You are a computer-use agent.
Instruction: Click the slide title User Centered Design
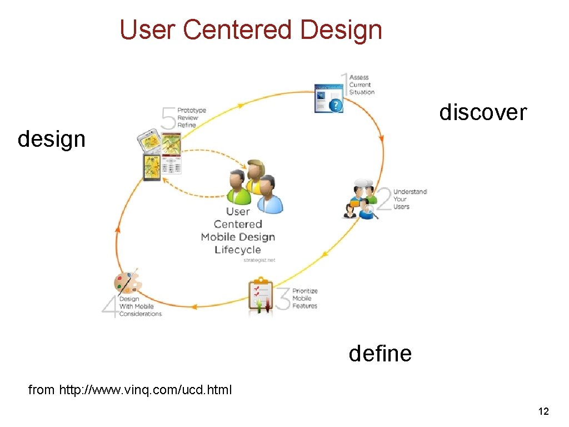click(x=251, y=29)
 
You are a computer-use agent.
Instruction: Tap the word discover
click(x=482, y=112)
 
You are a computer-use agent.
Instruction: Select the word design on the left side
click(x=52, y=139)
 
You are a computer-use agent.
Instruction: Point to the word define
click(x=380, y=353)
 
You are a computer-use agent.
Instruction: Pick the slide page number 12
click(x=543, y=411)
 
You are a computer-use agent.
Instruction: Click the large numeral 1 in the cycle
click(x=344, y=83)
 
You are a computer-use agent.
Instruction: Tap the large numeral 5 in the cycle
click(x=168, y=118)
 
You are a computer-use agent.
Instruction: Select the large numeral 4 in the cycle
click(x=110, y=306)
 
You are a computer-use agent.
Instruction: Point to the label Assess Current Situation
click(x=362, y=85)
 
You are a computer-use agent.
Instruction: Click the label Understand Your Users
click(x=410, y=199)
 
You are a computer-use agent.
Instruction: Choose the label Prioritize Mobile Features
click(x=305, y=299)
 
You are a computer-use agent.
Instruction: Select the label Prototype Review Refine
click(x=191, y=118)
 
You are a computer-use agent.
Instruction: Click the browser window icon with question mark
click(x=328, y=98)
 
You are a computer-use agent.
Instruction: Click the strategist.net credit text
click(x=259, y=260)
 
